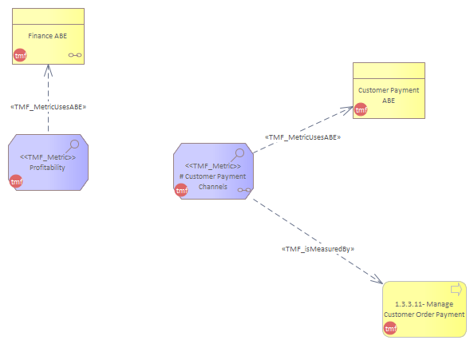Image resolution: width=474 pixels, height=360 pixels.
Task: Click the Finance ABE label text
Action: [x=47, y=36]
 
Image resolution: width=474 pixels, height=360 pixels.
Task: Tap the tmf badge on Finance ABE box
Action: [x=20, y=55]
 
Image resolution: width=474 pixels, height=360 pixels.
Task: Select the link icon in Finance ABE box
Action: [x=75, y=55]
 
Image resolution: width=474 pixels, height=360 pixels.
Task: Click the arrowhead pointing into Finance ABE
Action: [x=48, y=70]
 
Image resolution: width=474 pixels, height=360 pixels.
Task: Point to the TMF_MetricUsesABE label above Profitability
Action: [x=49, y=107]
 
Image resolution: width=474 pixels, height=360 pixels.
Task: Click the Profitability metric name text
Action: [x=47, y=168]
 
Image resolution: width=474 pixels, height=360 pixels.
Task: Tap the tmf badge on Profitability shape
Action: [x=16, y=181]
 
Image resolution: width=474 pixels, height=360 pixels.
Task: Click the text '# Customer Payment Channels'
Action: [x=213, y=181]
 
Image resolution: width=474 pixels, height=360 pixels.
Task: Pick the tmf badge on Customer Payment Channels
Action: [x=181, y=190]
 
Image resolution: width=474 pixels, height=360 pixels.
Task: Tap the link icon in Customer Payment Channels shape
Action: [x=244, y=190]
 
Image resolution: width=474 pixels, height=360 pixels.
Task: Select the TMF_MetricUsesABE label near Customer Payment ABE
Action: [x=303, y=137]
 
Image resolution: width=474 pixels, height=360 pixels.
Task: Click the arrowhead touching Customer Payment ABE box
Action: [x=347, y=109]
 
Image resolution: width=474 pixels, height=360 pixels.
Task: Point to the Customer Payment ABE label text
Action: [x=389, y=95]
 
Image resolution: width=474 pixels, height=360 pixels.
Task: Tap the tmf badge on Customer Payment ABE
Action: [x=361, y=109]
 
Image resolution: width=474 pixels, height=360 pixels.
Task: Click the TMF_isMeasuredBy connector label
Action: [x=318, y=249]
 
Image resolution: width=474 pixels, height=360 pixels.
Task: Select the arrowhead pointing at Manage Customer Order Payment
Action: [x=377, y=279]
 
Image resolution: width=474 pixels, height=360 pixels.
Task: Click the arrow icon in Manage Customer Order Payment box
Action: [x=456, y=289]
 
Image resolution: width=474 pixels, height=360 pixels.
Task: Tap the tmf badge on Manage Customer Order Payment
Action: [x=390, y=328]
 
